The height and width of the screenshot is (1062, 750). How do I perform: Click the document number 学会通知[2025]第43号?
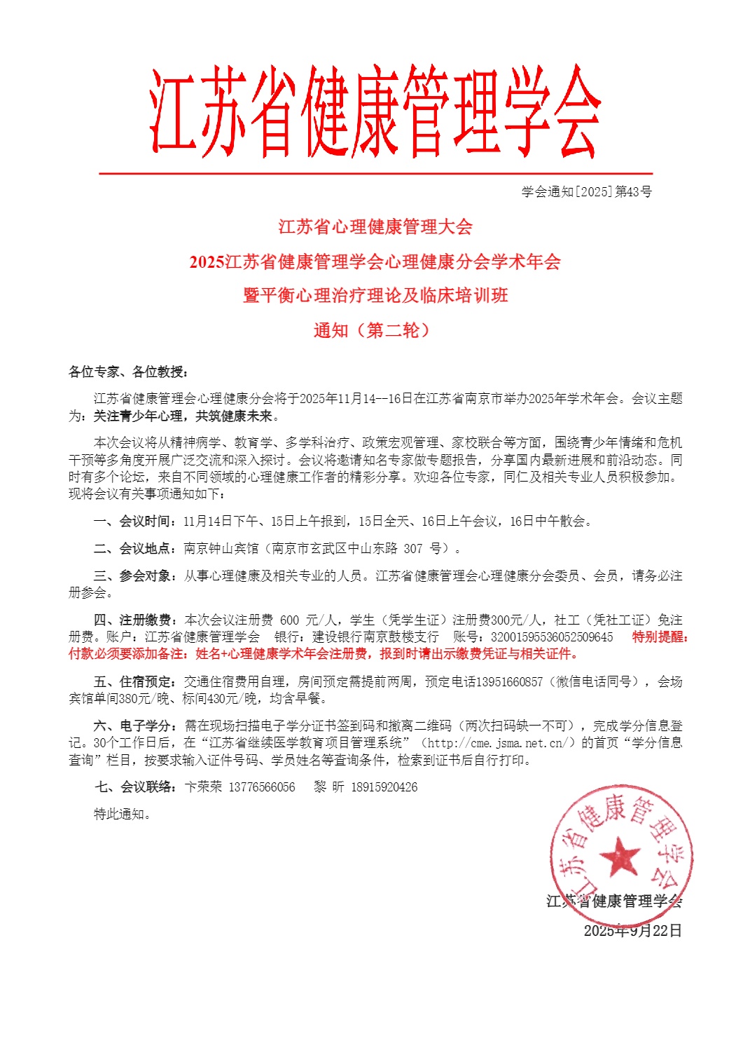point(586,191)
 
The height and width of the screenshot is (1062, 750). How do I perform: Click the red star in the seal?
point(620,856)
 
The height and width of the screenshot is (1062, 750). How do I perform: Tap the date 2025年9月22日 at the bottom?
point(632,930)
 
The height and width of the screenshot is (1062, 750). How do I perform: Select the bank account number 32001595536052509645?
point(552,636)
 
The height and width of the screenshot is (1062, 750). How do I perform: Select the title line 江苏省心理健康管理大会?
point(375,226)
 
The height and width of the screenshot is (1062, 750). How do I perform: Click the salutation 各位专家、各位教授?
point(127,372)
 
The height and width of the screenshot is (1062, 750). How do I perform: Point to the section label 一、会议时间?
point(134,521)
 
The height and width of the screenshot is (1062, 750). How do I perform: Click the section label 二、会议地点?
point(134,548)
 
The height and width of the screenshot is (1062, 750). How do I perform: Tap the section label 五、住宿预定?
point(134,681)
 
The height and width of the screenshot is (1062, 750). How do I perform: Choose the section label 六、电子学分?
point(134,726)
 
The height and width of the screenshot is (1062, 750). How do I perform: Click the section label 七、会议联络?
point(134,787)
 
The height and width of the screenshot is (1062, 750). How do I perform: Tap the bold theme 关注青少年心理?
point(138,416)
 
